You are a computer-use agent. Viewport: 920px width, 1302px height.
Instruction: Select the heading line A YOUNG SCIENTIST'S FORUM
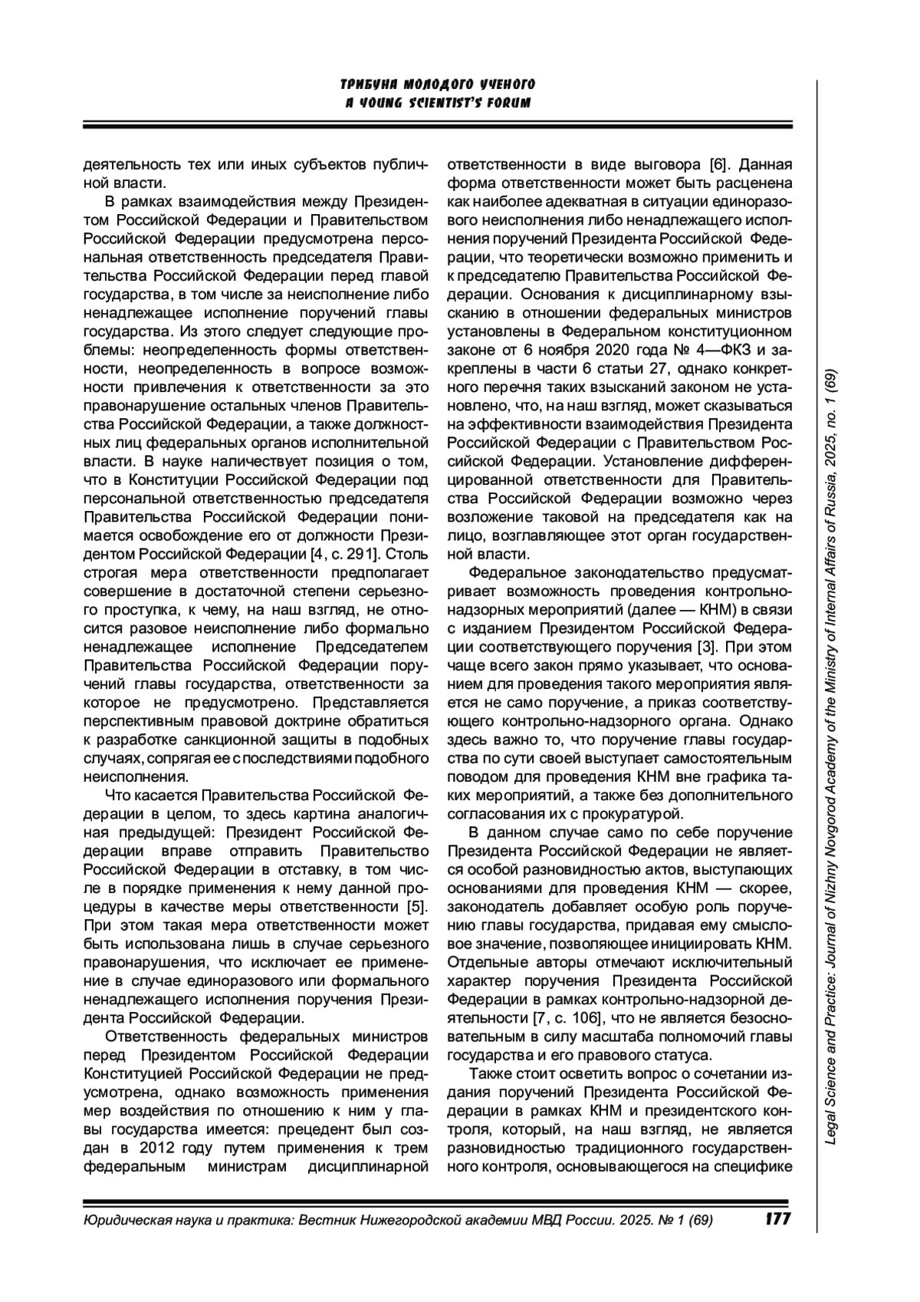point(438,103)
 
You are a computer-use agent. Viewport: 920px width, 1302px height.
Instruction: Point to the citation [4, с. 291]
point(342,553)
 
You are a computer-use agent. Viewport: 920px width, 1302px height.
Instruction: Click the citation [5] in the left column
point(417,907)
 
